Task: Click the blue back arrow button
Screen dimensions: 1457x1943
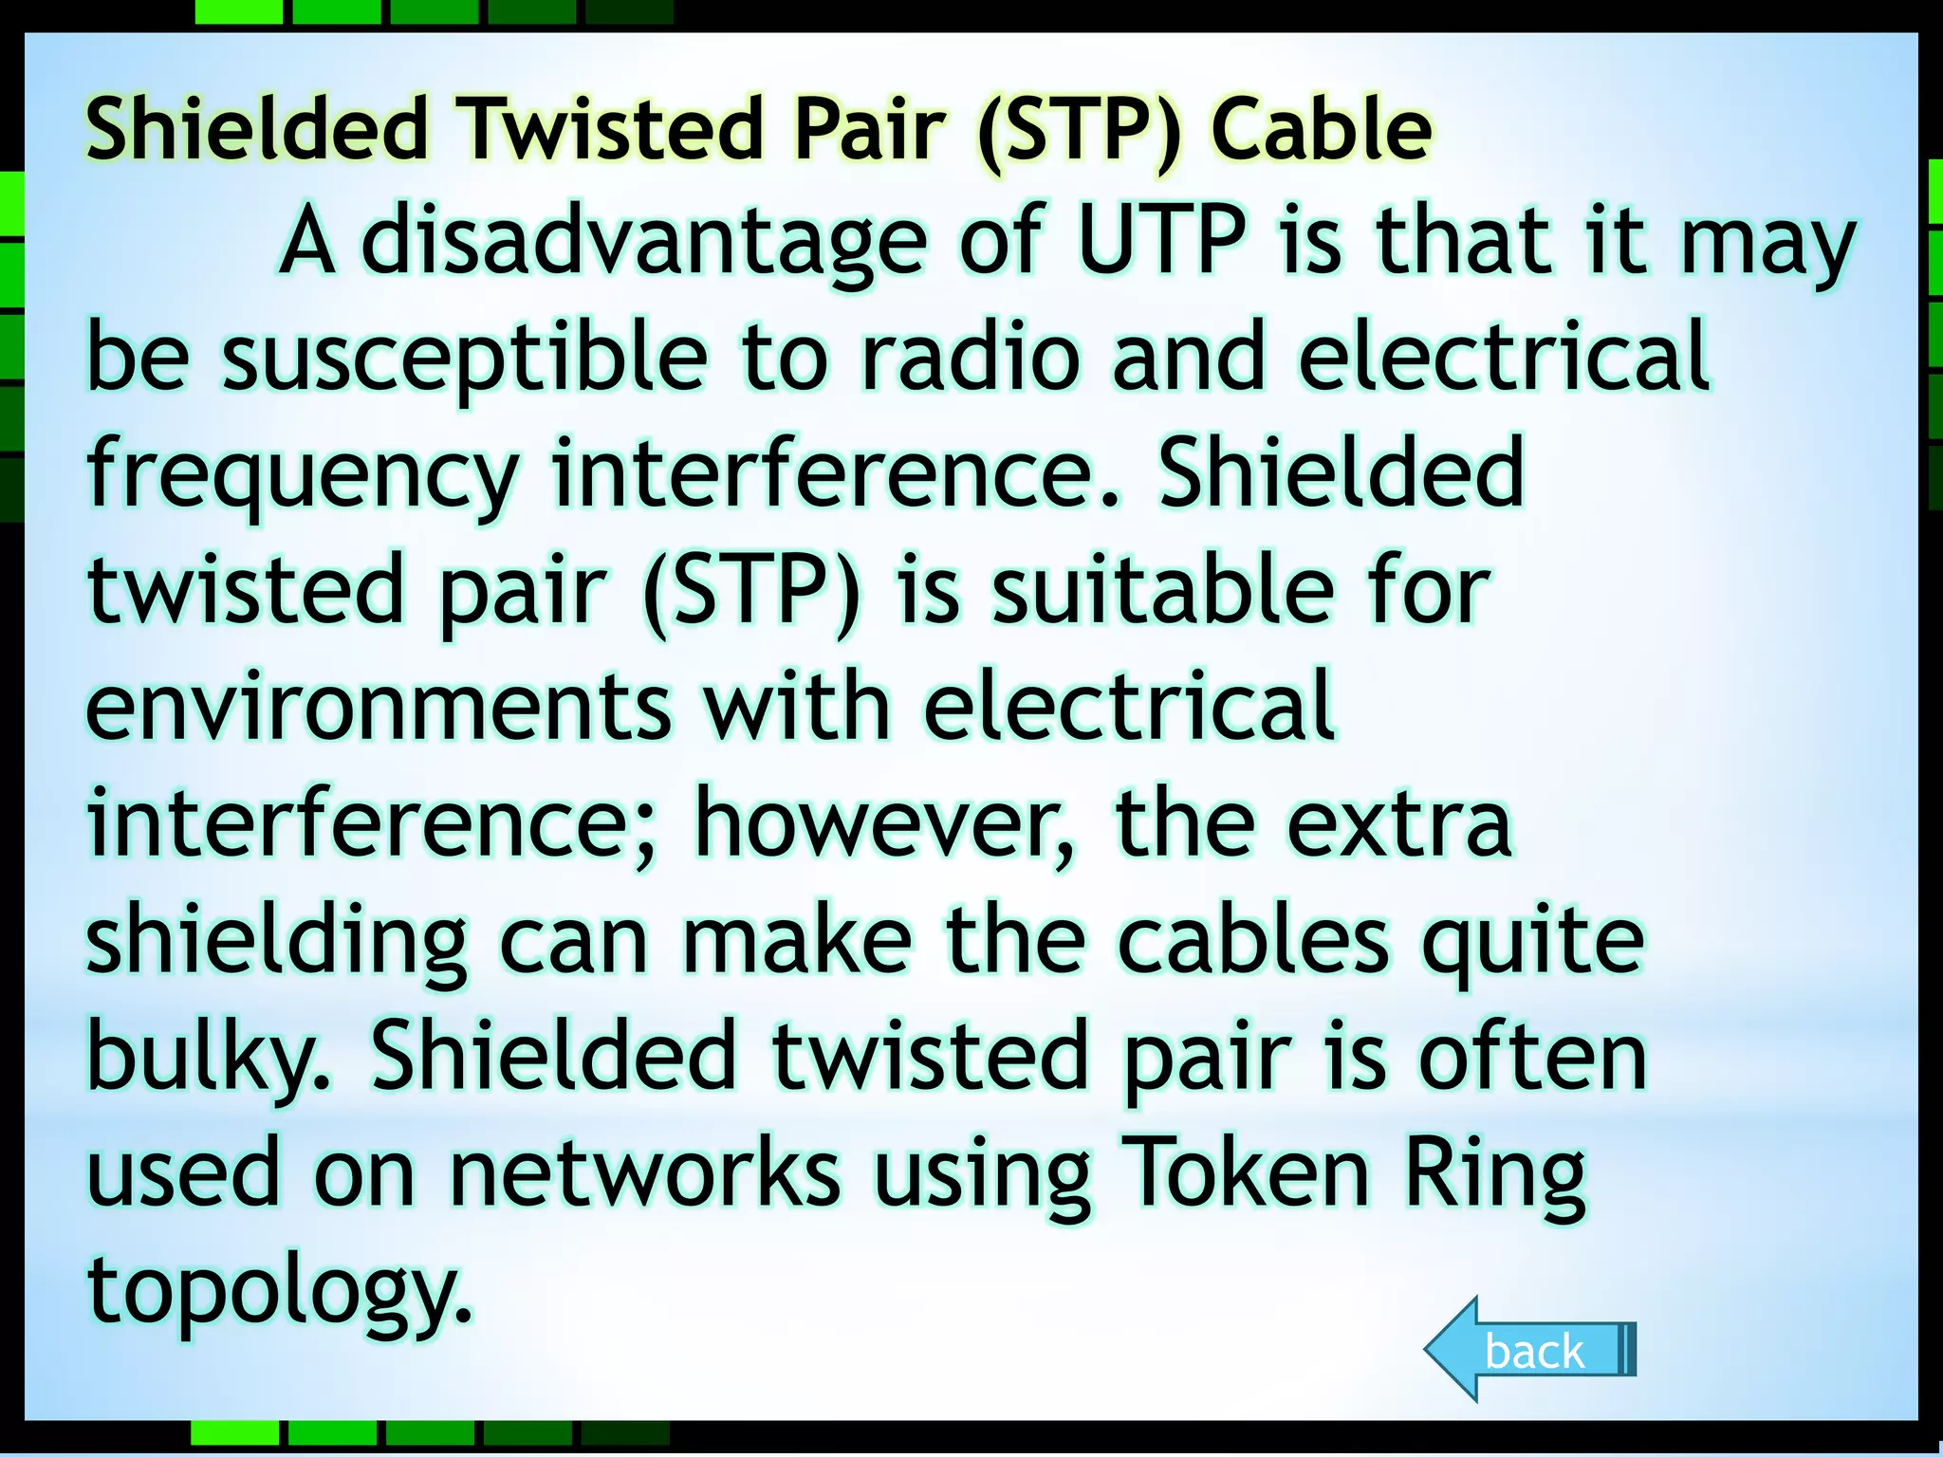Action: click(1530, 1350)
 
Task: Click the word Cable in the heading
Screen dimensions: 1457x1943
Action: click(1321, 130)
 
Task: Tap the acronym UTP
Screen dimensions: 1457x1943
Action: click(1162, 241)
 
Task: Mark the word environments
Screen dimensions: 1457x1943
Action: click(379, 708)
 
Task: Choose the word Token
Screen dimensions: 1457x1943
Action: click(1246, 1174)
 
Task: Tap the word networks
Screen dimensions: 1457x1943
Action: click(645, 1174)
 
